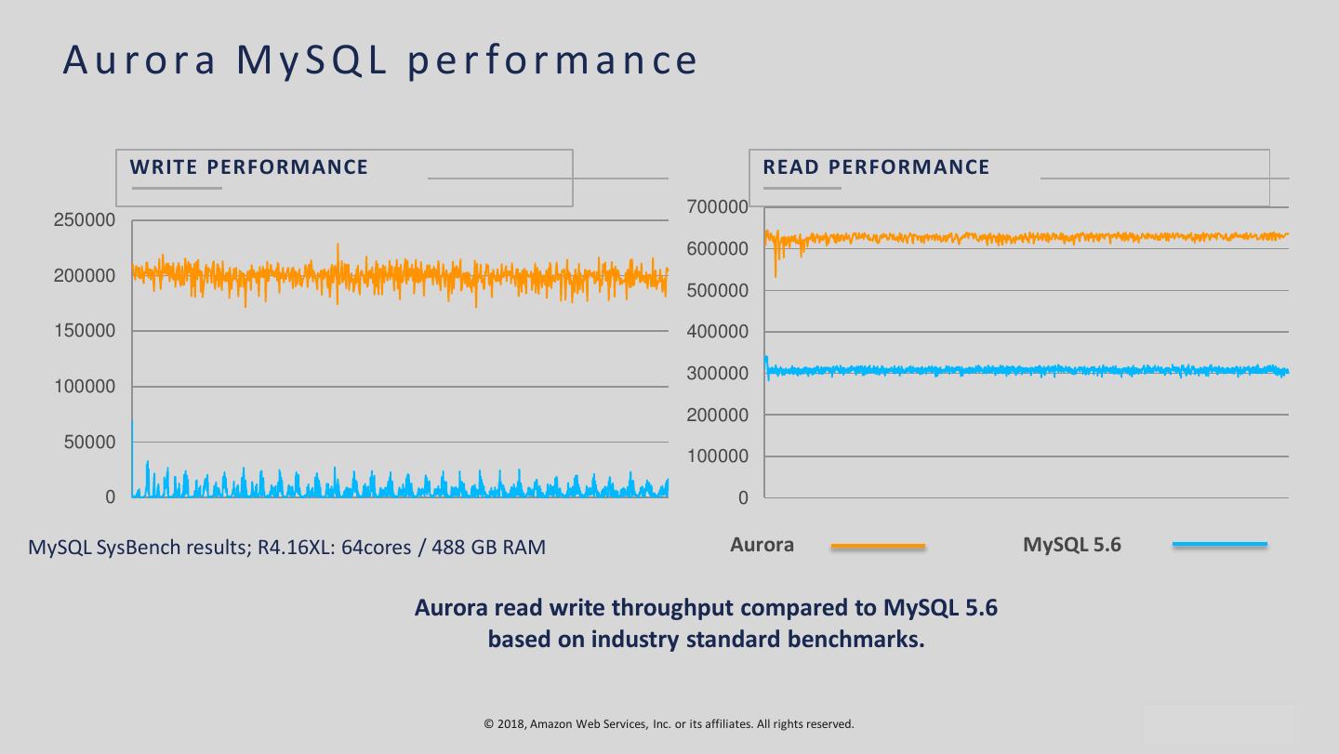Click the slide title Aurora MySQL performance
[380, 60]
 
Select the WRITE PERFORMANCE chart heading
[249, 167]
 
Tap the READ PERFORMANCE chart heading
[876, 167]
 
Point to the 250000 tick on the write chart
[85, 220]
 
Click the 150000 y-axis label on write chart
[85, 331]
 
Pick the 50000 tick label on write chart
[90, 443]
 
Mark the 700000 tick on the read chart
[717, 206]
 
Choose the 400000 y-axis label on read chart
[717, 332]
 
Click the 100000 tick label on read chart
[717, 456]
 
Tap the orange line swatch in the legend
[878, 546]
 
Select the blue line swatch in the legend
[1220, 545]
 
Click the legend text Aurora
[762, 545]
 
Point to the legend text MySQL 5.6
[1072, 545]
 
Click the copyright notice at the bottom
[669, 723]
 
